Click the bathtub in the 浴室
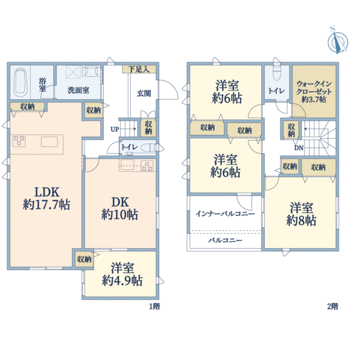point(20,82)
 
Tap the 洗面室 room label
point(79,90)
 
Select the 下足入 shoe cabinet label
point(139,69)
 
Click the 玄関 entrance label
point(144,94)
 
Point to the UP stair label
point(115,129)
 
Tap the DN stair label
point(299,148)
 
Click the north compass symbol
point(338,41)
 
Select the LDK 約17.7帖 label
point(47,199)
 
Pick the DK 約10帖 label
point(120,209)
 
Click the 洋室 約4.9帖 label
point(122,274)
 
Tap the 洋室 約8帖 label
point(301,214)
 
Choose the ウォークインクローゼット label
point(314,92)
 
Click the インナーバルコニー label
point(225,214)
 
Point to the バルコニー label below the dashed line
point(225,241)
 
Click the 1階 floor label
point(155,306)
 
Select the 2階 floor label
point(332,306)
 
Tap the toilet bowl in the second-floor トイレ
point(277,73)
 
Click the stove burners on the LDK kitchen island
point(19,141)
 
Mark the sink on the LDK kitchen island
point(49,142)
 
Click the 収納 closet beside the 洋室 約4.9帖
point(84,259)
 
